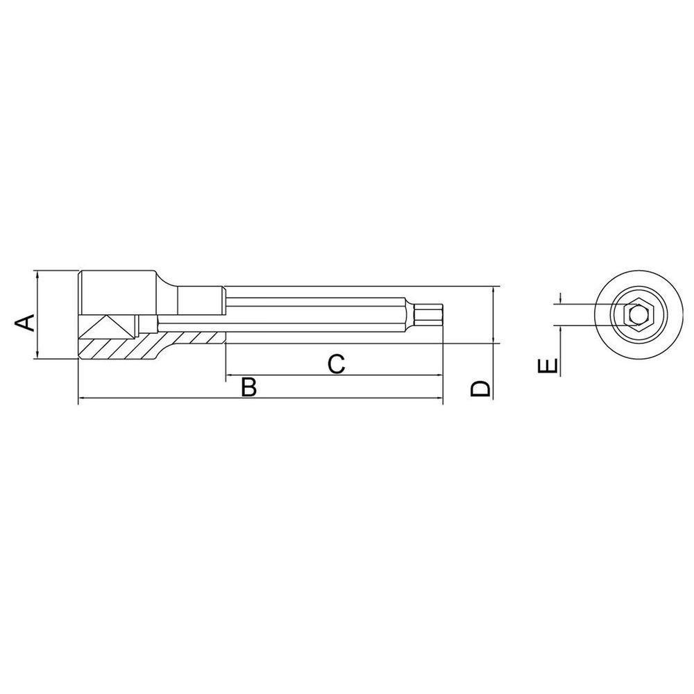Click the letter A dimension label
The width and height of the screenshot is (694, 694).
coord(26,322)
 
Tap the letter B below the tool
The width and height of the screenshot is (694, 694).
coord(248,387)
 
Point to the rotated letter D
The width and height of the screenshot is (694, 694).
coord(480,389)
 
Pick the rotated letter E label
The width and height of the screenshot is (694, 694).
coord(548,366)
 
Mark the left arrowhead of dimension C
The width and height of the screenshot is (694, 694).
coord(230,376)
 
